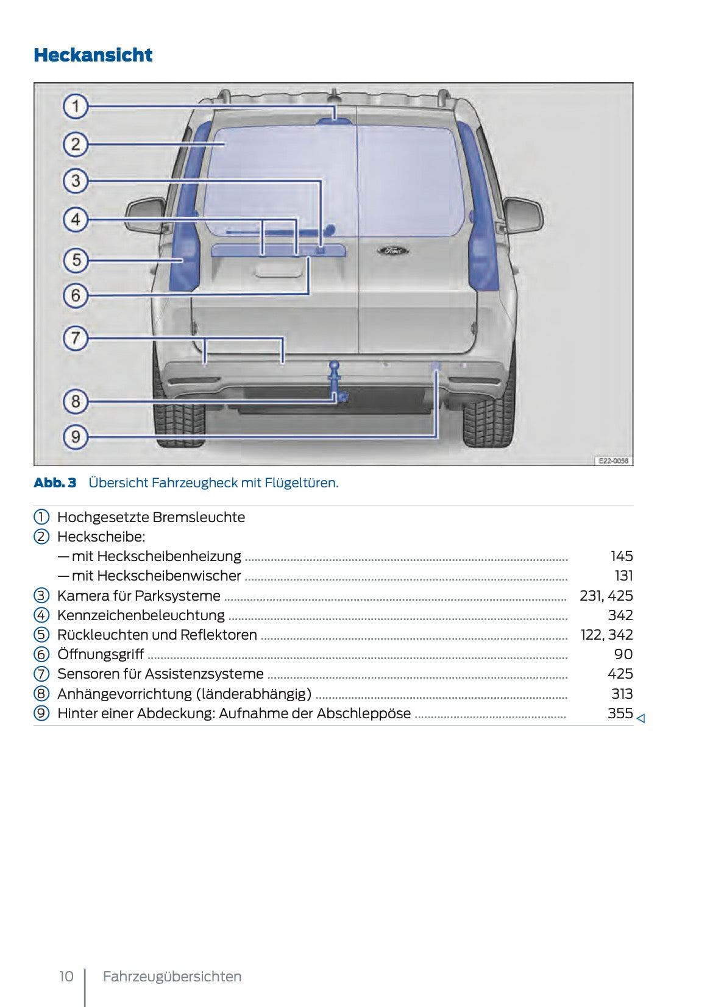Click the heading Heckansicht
[x=93, y=55]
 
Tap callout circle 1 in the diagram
[x=76, y=107]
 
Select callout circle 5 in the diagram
[x=76, y=260]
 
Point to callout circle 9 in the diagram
[x=76, y=437]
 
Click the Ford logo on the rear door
[x=392, y=250]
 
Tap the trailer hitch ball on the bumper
[x=334, y=366]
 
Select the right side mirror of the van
[x=523, y=214]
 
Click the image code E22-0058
[x=613, y=461]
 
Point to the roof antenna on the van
[x=334, y=95]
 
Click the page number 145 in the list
[x=622, y=556]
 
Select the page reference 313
[x=622, y=694]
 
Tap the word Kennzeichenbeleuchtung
[x=141, y=615]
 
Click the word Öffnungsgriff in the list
[x=101, y=654]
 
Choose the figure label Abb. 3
[x=55, y=483]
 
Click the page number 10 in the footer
[x=66, y=977]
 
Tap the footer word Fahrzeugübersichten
[x=172, y=977]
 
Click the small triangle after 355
[x=641, y=719]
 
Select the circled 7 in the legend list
[x=41, y=674]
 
